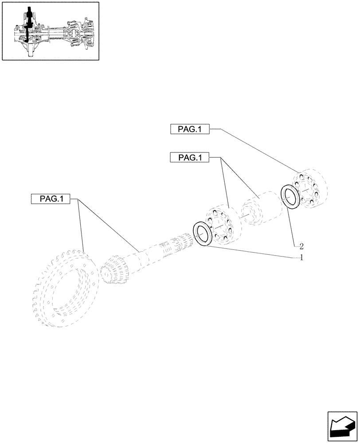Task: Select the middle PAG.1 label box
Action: tap(190, 157)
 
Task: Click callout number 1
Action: tap(302, 257)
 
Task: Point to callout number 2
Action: tap(301, 245)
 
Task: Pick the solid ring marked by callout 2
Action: tap(290, 197)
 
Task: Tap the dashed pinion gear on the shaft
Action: tap(114, 269)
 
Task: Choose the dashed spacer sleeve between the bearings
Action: tap(261, 207)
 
